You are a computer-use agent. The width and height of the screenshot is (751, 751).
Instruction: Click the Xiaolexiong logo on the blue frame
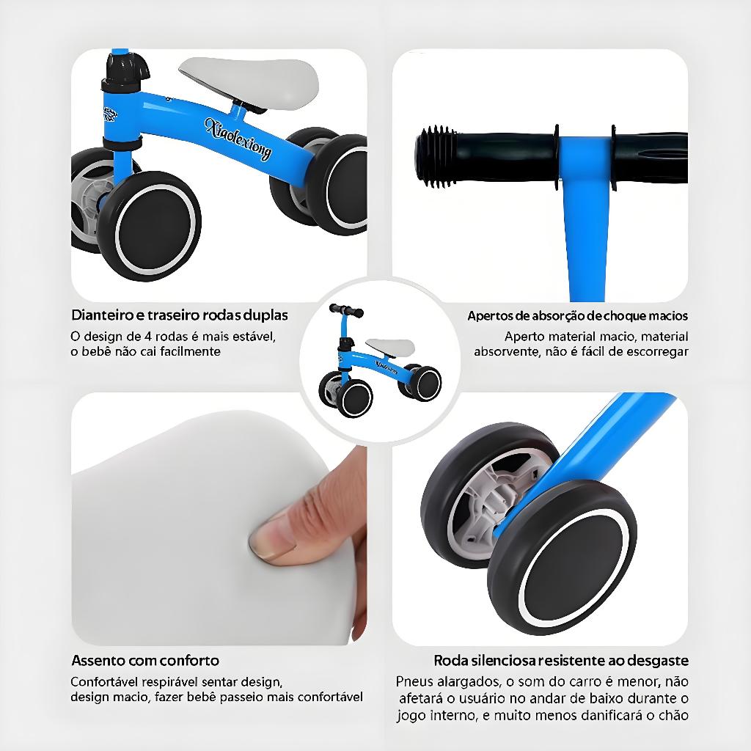(238, 139)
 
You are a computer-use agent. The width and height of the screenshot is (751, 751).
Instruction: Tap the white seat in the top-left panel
(249, 81)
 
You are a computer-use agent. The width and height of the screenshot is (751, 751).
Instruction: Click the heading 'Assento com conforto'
(145, 661)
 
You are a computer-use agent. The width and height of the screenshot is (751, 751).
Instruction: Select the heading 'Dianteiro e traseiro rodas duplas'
(180, 315)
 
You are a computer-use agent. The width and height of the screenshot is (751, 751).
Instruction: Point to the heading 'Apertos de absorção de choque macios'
(578, 316)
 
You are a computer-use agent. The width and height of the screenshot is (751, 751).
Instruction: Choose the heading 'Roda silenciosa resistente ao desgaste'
(561, 661)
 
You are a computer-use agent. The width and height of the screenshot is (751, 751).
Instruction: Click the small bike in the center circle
(380, 360)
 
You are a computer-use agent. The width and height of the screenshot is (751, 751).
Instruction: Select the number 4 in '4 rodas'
(148, 336)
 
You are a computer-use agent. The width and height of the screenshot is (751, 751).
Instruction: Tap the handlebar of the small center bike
(346, 310)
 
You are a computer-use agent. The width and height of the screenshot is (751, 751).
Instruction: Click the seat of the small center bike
(390, 348)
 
